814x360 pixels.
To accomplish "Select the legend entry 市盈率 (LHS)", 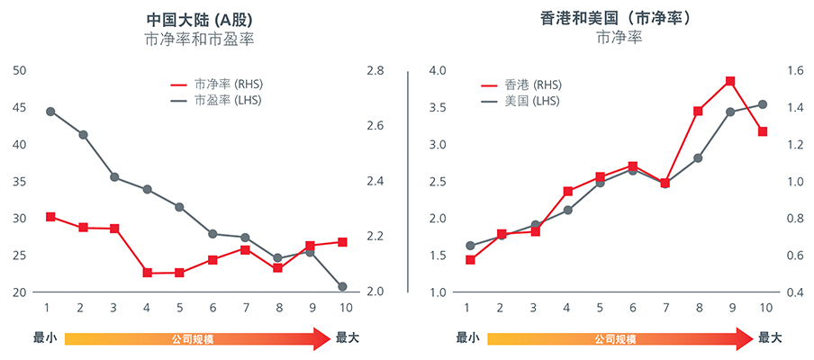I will click(228, 100).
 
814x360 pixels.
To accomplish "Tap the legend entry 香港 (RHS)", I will click(533, 84).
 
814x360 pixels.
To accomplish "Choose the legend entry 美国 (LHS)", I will click(533, 101).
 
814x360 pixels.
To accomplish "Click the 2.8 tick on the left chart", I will click(375, 70).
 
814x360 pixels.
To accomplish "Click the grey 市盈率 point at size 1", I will click(50, 112).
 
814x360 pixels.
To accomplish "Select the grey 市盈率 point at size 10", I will click(342, 287).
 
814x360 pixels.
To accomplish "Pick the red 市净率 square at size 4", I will click(148, 273).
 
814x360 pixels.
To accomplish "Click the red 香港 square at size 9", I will click(730, 81).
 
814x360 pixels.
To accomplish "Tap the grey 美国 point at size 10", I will click(763, 104).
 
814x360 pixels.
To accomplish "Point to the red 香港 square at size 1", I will click(470, 259).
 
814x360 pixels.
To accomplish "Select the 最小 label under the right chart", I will click(467, 339).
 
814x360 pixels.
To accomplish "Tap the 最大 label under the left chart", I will click(348, 339).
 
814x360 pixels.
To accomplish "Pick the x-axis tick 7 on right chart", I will click(665, 308).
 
